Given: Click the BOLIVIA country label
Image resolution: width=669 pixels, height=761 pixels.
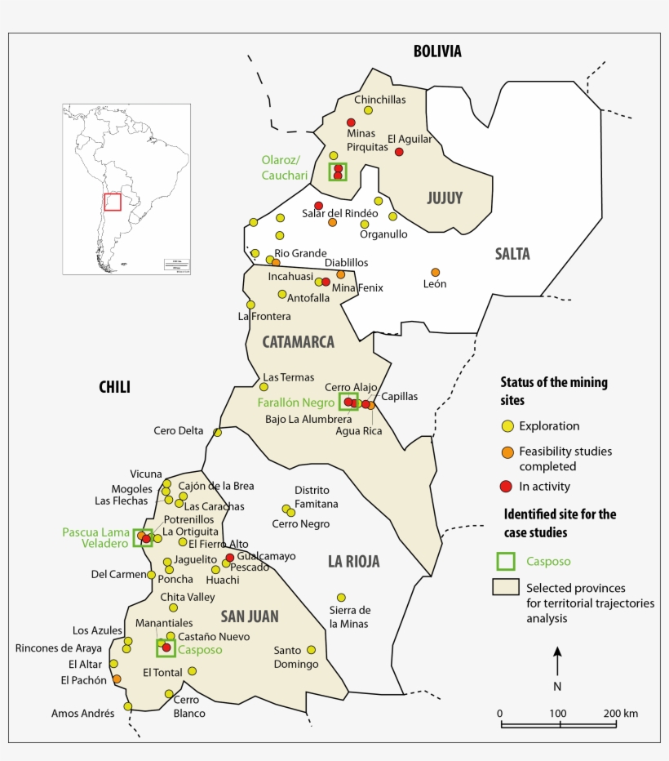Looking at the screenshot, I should click(x=436, y=51).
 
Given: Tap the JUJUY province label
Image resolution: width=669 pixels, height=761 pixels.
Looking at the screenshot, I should click(x=445, y=198).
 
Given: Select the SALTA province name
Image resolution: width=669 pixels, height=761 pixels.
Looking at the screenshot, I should click(x=512, y=254).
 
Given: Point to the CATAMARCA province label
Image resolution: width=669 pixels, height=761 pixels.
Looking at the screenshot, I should click(x=298, y=342).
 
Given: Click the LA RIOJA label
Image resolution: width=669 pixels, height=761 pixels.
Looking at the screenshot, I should click(x=353, y=562).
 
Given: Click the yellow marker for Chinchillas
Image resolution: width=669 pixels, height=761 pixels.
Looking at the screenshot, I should click(x=368, y=110).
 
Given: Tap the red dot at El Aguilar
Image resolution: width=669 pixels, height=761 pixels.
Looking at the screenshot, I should click(x=399, y=152).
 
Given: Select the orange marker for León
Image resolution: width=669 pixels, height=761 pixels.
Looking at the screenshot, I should click(x=435, y=272).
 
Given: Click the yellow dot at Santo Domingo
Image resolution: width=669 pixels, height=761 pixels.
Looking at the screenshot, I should click(x=311, y=650).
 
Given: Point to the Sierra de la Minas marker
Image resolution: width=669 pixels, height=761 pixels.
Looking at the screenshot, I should click(x=341, y=598).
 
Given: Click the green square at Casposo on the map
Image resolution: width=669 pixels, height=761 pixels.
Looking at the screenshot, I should click(x=166, y=648).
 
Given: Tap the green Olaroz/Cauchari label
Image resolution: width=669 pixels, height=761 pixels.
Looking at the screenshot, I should click(x=285, y=167).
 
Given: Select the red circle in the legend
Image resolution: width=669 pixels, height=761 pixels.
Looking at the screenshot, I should click(x=507, y=487).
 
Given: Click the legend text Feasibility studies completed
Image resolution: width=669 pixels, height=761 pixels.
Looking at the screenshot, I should click(x=565, y=458).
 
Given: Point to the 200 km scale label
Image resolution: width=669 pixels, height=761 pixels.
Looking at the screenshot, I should click(x=619, y=713).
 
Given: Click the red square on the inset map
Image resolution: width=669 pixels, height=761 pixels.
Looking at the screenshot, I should click(x=112, y=202).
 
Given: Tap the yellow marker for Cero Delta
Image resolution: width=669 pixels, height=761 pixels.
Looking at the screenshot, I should click(x=217, y=433).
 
